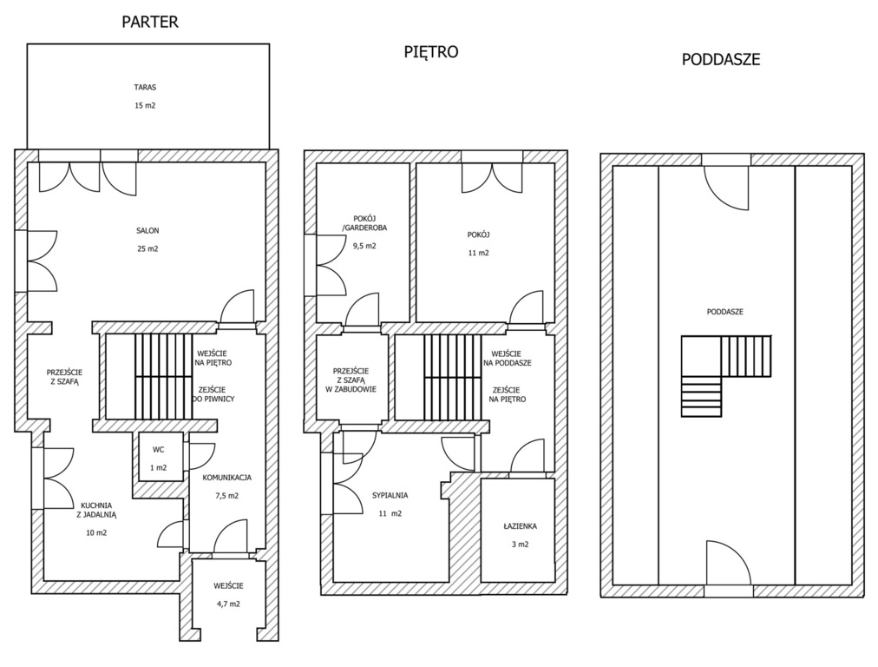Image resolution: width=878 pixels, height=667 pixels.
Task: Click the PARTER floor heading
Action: pyautogui.click(x=150, y=22)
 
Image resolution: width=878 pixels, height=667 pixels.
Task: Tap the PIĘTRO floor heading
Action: pyautogui.click(x=431, y=51)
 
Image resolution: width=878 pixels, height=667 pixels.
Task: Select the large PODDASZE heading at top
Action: pyautogui.click(x=721, y=59)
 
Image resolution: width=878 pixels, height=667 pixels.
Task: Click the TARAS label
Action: pyautogui.click(x=145, y=88)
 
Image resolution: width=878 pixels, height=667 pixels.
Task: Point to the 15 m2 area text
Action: pyautogui.click(x=145, y=105)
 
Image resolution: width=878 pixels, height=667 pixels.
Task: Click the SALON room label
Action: pyautogui.click(x=147, y=230)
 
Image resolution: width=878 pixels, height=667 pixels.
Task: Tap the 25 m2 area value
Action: pyautogui.click(x=147, y=248)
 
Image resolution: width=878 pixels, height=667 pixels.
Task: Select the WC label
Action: pyautogui.click(x=159, y=450)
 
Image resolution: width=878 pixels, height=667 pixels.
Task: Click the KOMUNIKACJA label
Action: pyautogui.click(x=226, y=478)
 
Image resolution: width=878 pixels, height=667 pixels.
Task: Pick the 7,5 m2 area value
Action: pyautogui.click(x=226, y=496)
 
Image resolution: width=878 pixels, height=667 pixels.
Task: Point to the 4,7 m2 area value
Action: pyautogui.click(x=228, y=604)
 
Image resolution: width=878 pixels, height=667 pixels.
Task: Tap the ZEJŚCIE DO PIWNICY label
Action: pyautogui.click(x=213, y=394)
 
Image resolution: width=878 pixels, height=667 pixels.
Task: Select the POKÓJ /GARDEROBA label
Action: pyautogui.click(x=364, y=224)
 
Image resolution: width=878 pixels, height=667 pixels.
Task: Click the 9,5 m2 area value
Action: pyautogui.click(x=364, y=246)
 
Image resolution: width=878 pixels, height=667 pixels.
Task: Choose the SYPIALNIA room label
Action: pyautogui.click(x=390, y=496)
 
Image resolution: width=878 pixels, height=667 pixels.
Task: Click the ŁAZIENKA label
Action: pyautogui.click(x=520, y=526)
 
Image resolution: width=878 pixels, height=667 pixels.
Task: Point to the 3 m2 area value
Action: pyautogui.click(x=520, y=545)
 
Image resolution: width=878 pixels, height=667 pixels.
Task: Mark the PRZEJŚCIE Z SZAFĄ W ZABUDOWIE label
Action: pyautogui.click(x=351, y=380)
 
